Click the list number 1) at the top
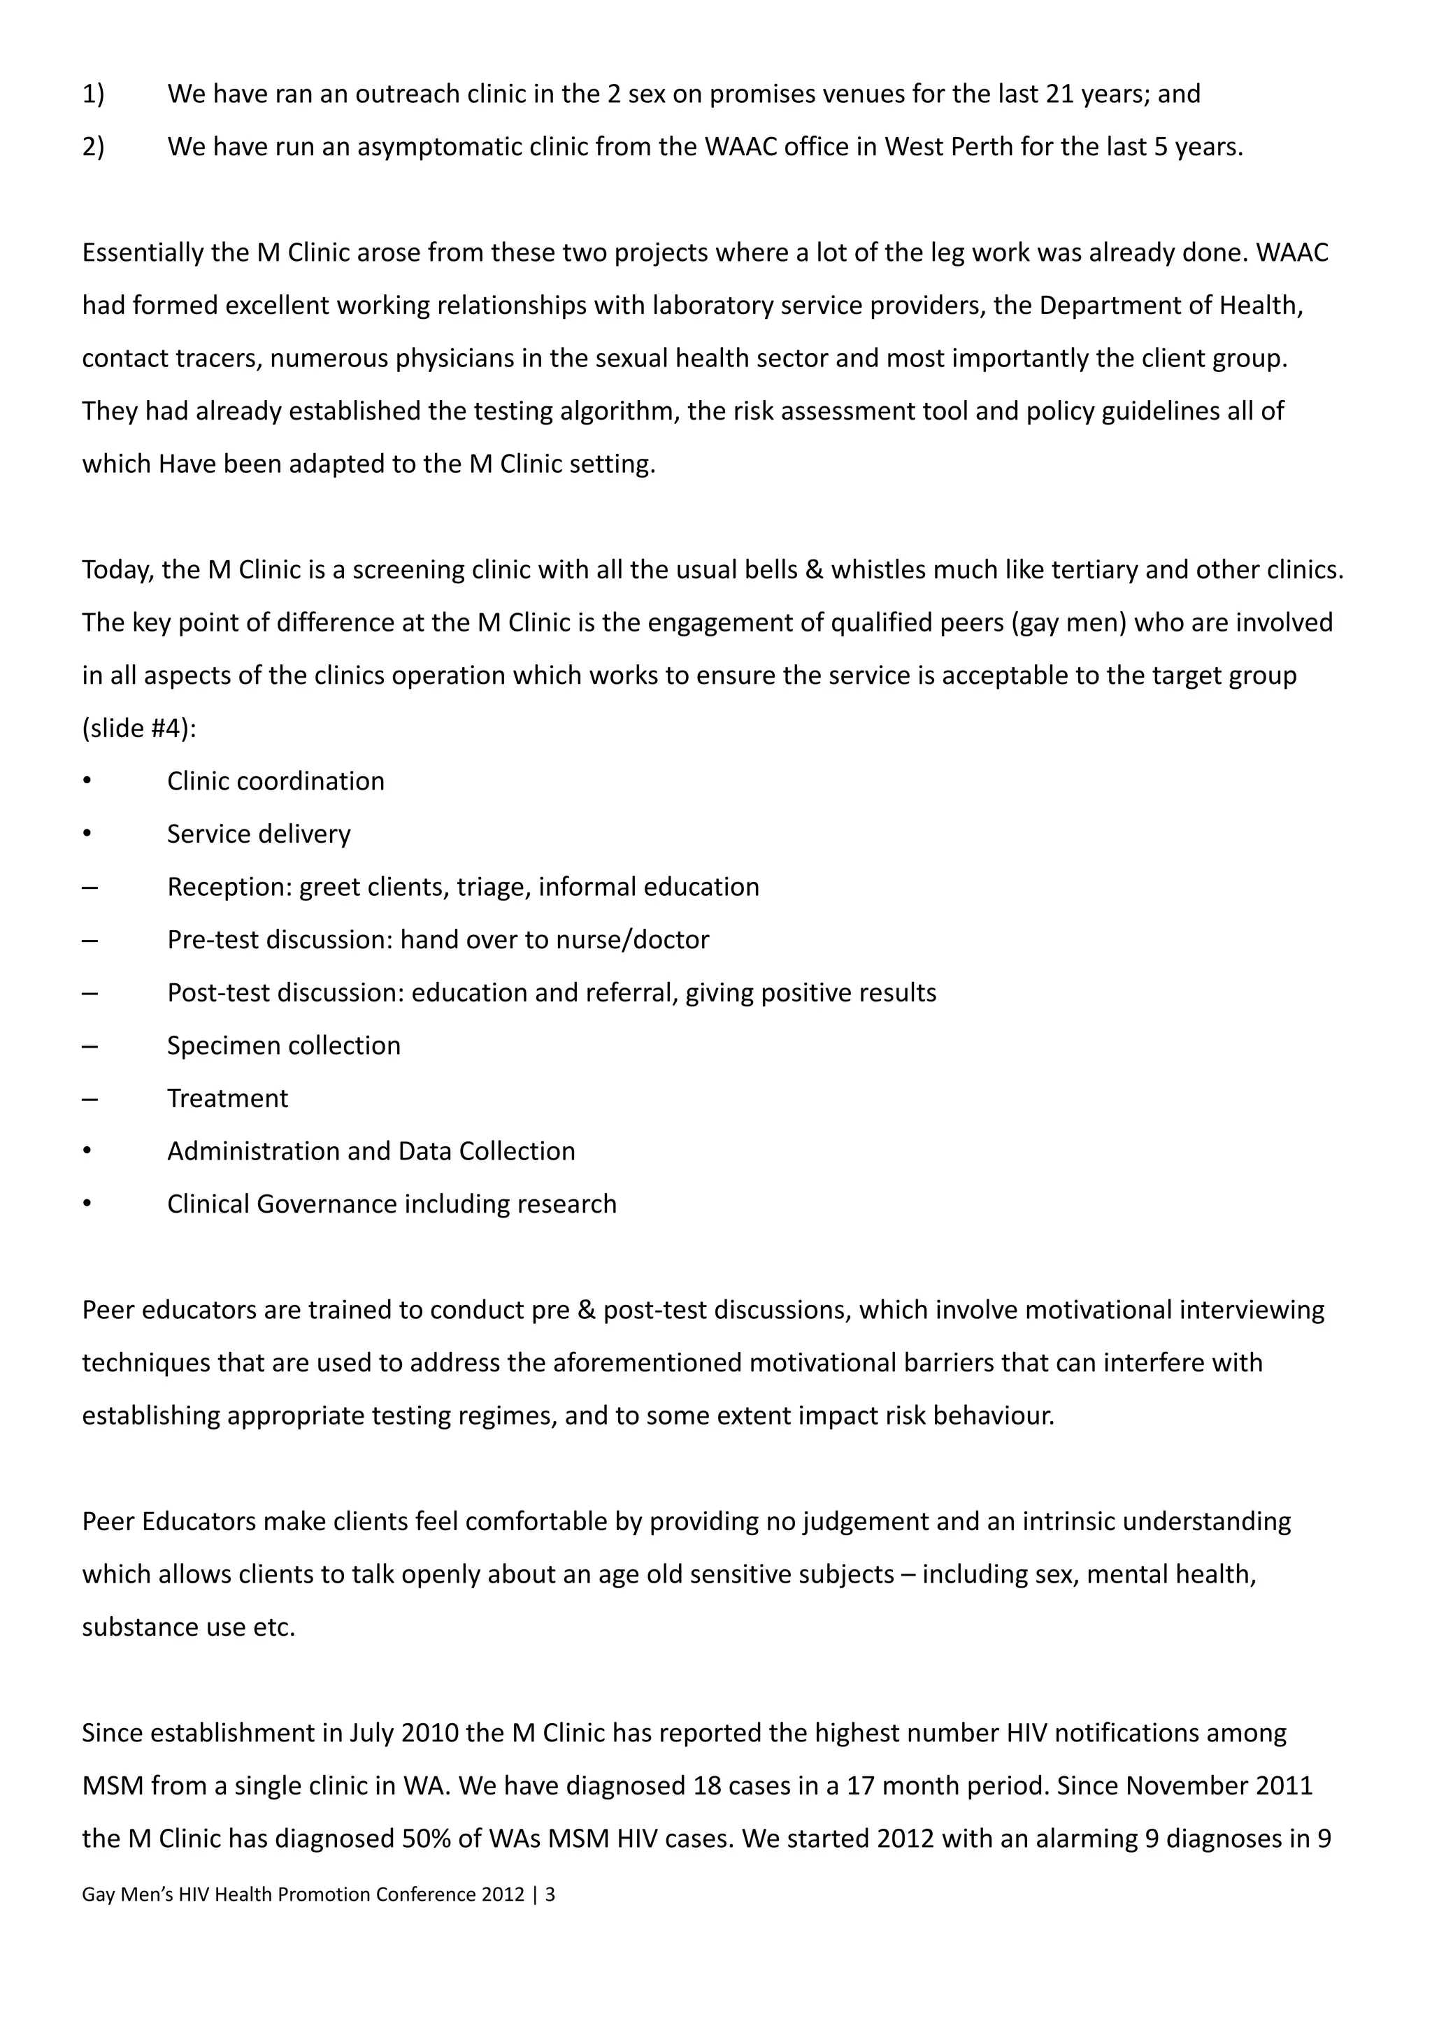click(x=92, y=94)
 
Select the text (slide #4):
click(x=138, y=729)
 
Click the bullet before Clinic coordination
click(x=87, y=782)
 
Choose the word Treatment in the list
click(x=228, y=1099)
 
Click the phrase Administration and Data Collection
click(x=371, y=1152)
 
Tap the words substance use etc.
click(x=188, y=1627)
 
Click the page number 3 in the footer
click(x=550, y=1895)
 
